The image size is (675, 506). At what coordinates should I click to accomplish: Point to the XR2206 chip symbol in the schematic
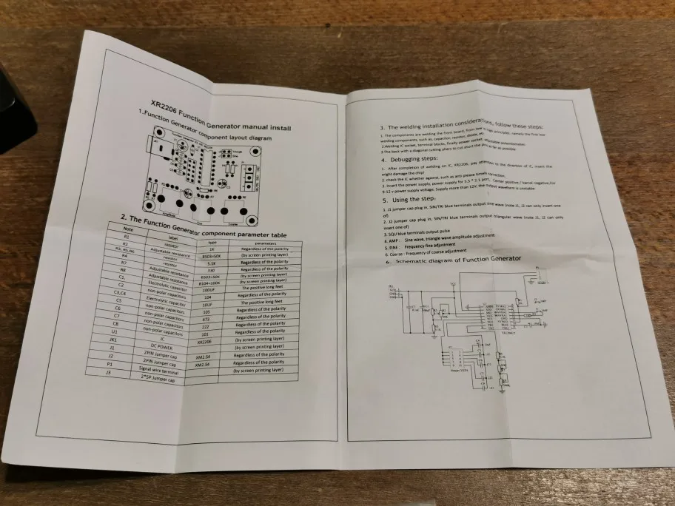[x=499, y=315]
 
